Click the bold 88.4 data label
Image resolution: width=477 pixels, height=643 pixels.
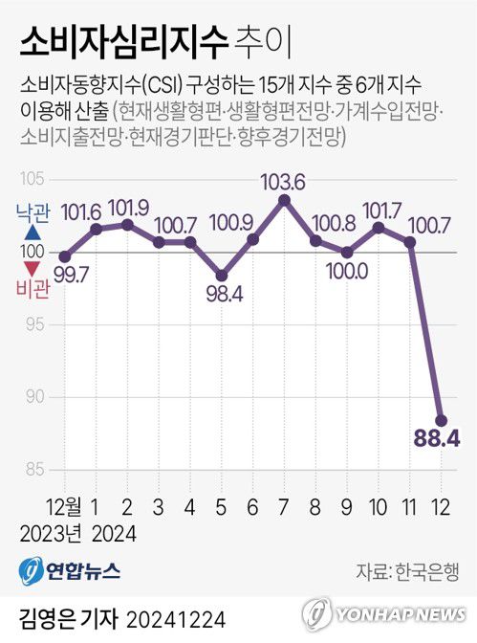(435, 439)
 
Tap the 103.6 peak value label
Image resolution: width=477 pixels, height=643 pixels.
(283, 181)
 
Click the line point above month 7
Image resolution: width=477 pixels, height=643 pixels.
(284, 199)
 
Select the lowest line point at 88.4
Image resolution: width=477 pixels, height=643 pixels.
(442, 419)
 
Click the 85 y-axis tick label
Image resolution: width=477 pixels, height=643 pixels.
(33, 469)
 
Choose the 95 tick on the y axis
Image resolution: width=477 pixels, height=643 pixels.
(33, 324)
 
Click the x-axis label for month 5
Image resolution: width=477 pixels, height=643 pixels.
(221, 503)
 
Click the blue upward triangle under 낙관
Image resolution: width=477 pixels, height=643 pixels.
(33, 233)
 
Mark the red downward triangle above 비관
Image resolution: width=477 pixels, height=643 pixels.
(33, 269)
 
